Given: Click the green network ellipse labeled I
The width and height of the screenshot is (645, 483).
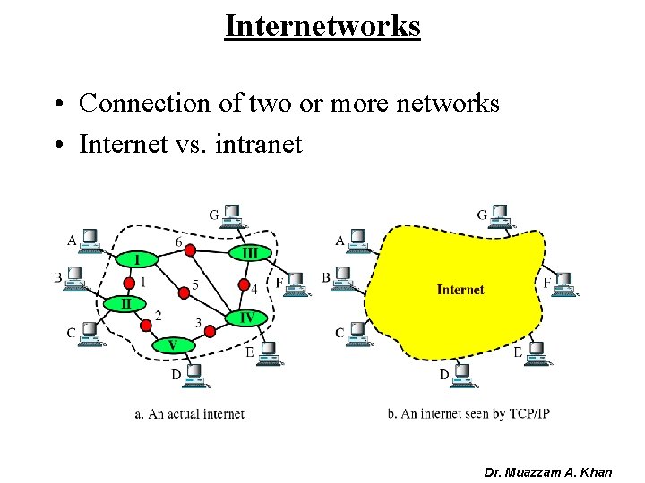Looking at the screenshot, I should pos(137,259).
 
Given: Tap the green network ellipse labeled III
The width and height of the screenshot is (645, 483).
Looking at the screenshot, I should pos(250,253).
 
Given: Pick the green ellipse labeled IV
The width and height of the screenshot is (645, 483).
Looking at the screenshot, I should pos(245,318).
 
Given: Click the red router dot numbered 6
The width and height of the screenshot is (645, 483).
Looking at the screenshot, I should pos(190,250).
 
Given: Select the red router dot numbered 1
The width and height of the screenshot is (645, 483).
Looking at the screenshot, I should pos(125,284).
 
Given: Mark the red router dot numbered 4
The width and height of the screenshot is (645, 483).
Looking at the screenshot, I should pos(243,286).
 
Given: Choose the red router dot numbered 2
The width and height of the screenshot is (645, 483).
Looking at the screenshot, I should pos(144,326).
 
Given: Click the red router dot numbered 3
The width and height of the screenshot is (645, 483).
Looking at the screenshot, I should pos(210,331).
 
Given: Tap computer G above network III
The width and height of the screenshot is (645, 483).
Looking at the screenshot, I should pos(233,216).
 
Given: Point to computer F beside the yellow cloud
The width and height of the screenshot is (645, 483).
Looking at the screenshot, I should pos(563,284).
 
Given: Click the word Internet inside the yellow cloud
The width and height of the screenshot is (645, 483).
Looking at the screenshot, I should pos(460,289).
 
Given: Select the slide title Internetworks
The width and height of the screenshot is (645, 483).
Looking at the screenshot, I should pos(322,26).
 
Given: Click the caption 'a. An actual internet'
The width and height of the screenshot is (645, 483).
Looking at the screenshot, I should pos(189,413).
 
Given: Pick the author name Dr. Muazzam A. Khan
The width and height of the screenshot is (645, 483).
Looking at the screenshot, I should pos(547,471).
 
